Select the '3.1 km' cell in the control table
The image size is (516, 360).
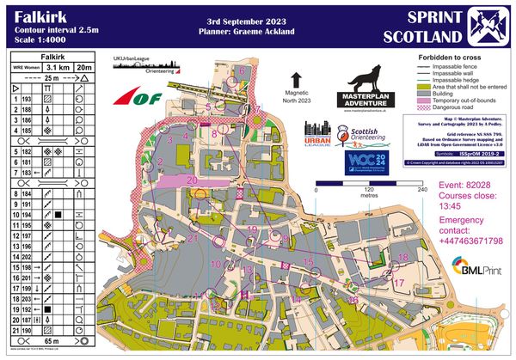(x=58, y=65)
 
